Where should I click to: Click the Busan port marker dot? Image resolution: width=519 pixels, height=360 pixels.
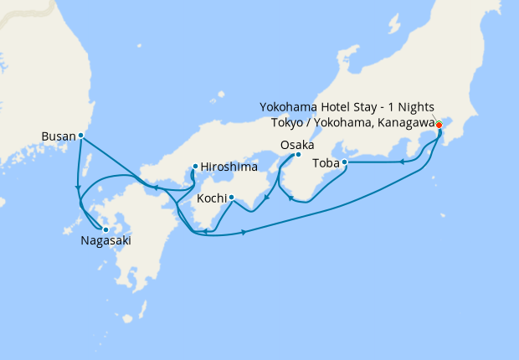pos(80,135)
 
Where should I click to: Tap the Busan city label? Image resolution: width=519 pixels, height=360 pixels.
pos(58,135)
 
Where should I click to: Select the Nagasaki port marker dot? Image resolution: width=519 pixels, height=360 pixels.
pos(105,229)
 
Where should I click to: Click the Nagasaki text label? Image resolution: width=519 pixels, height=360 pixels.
pos(105,242)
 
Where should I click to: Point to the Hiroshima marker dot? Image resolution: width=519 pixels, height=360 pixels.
pos(195,166)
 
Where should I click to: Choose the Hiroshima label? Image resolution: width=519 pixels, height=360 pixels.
pos(229,167)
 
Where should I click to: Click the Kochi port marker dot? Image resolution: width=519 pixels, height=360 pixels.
pos(230,198)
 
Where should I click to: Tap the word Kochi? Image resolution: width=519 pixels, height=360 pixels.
pos(211,199)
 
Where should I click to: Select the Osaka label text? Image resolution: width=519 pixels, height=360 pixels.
pos(297,145)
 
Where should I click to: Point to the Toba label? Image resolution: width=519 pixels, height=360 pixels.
pos(326,162)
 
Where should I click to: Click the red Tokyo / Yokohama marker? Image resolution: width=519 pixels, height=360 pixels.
pos(439,126)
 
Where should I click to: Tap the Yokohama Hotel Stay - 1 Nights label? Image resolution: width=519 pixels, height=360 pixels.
pos(347,107)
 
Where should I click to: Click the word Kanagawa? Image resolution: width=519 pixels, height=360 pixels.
pos(407,122)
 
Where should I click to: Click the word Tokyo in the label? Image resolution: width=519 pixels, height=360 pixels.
pos(289,122)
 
